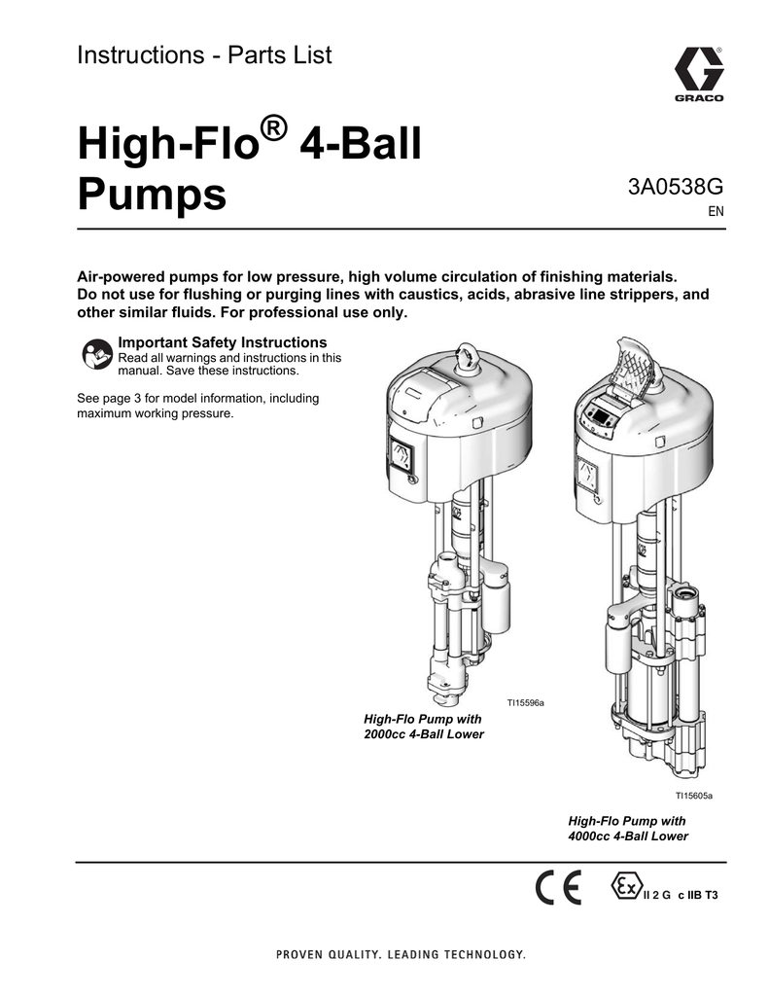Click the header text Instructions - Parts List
click(204, 55)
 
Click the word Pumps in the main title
click(152, 193)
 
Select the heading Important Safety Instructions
click(222, 342)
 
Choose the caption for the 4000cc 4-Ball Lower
click(627, 829)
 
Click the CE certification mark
click(558, 888)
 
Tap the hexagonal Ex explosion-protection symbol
click(624, 887)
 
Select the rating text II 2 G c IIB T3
click(681, 895)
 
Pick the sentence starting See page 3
click(197, 406)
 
